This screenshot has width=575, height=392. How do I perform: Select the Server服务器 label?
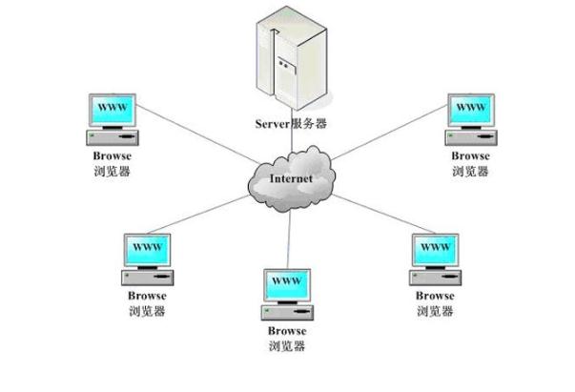tap(292, 124)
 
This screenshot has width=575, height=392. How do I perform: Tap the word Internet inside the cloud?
tap(291, 178)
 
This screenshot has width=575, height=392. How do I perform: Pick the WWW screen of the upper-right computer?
tap(470, 107)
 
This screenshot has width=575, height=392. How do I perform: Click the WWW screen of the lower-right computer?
tap(435, 248)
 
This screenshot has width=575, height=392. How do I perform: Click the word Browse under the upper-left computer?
tap(113, 155)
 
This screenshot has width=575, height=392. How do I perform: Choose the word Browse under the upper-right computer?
tap(470, 155)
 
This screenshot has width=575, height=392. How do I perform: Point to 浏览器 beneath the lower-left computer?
tap(146, 311)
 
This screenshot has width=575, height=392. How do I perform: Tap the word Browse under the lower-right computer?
tap(435, 296)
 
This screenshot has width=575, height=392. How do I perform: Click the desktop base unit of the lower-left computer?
tap(147, 277)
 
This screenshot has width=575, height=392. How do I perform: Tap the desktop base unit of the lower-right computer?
tap(435, 277)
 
